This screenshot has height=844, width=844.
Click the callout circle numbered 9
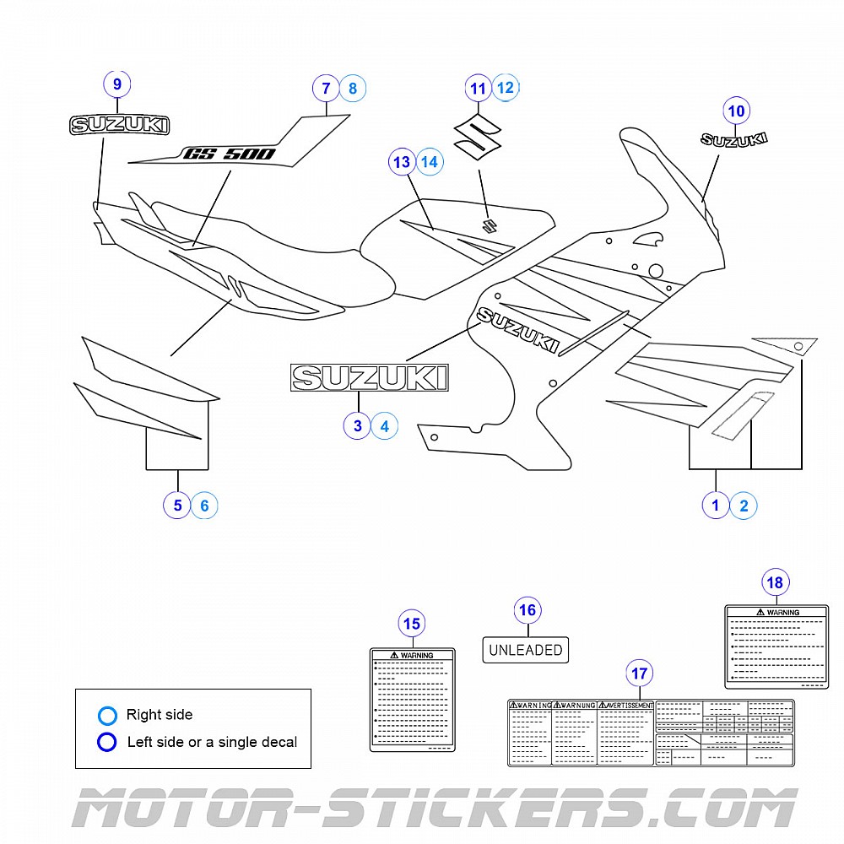(x=117, y=84)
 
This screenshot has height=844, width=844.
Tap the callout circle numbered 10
(x=736, y=111)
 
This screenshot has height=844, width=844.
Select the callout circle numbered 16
(x=527, y=610)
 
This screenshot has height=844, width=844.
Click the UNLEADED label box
(x=526, y=650)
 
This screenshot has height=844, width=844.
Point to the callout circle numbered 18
(x=775, y=582)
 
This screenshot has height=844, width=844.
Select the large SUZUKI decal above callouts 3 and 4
(x=369, y=377)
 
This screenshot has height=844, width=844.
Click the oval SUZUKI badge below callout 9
(x=118, y=126)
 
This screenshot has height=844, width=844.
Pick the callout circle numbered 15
(x=411, y=625)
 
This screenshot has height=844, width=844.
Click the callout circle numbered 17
(x=640, y=674)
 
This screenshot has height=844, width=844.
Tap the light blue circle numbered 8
(x=352, y=88)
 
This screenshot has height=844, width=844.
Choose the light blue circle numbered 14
(x=430, y=161)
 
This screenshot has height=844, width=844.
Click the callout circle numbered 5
(x=177, y=506)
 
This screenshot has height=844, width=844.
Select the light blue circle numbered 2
(x=744, y=506)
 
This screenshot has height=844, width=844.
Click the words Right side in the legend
(x=160, y=715)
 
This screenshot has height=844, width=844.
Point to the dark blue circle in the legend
(x=107, y=743)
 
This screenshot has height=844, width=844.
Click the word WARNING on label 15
(x=416, y=655)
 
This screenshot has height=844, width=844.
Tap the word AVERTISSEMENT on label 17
(x=629, y=706)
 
